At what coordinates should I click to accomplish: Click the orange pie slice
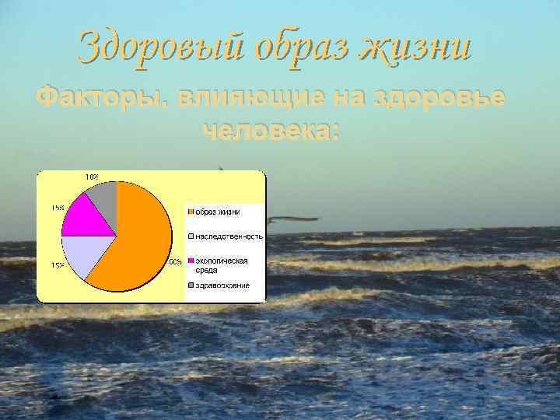coord(140,237)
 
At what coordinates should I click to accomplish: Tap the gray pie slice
coord(104,192)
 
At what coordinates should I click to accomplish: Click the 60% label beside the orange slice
coord(176,261)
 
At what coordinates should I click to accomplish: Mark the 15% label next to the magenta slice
coord(58,208)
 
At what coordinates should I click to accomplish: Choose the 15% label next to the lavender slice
coord(58,265)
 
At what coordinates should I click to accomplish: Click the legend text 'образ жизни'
coord(217,212)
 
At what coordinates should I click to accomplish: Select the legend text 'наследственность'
coord(228,236)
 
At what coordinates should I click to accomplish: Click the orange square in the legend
coord(189,212)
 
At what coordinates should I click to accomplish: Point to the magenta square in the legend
coord(189,261)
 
